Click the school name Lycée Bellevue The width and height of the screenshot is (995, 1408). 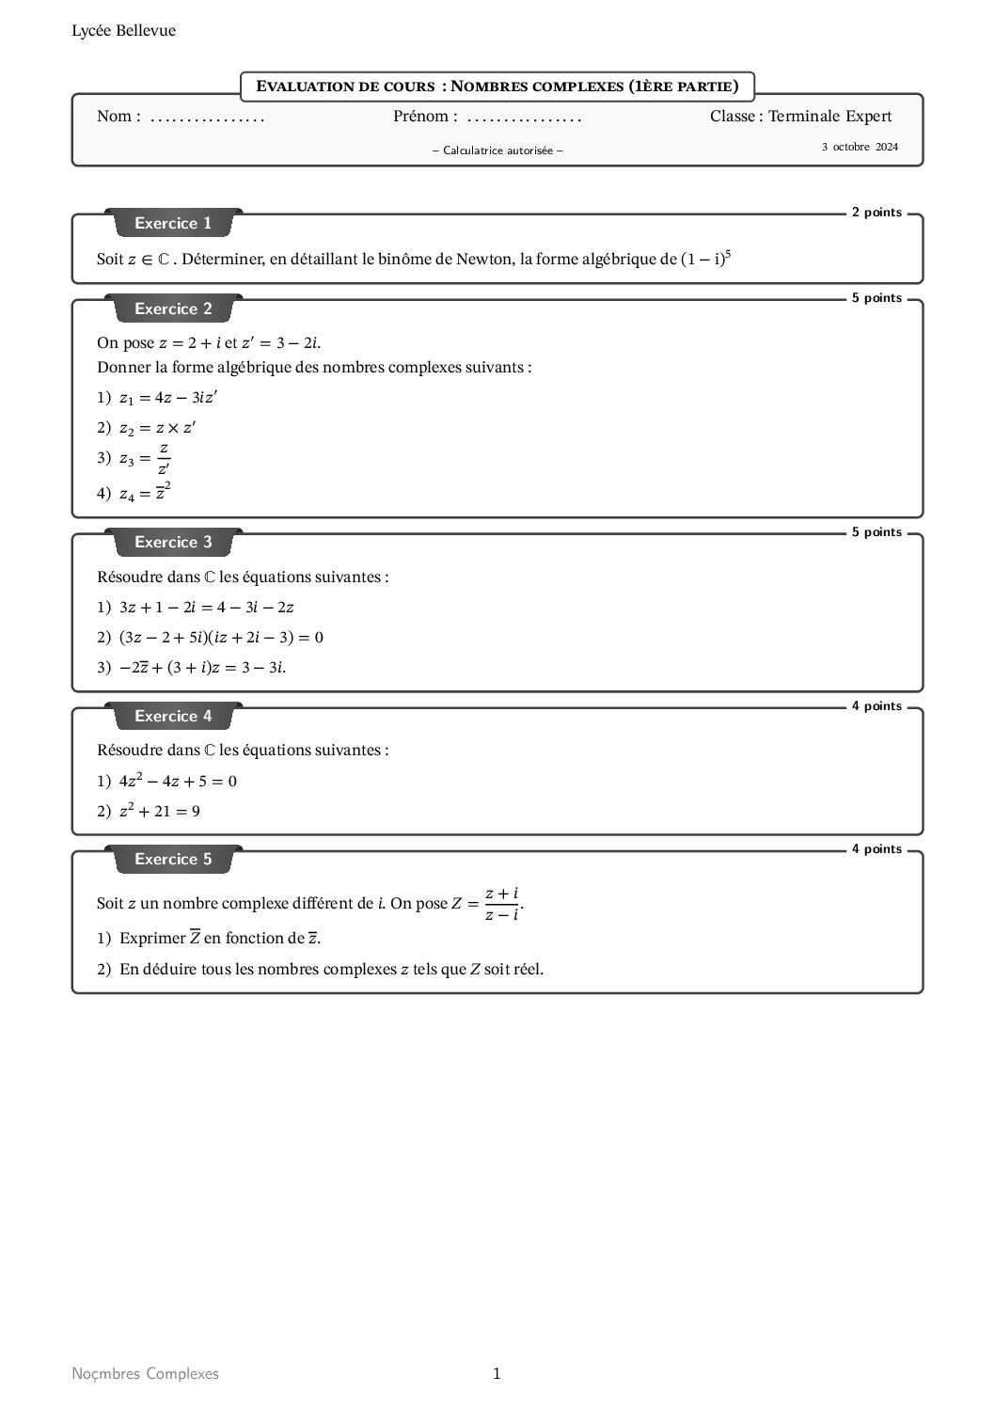coord(123,31)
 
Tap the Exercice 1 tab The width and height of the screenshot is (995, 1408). coord(173,224)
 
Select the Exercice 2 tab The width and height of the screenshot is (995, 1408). coord(173,309)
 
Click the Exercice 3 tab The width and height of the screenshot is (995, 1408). coord(173,543)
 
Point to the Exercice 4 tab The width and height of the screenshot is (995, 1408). coord(173,717)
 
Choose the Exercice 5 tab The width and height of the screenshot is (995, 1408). coord(173,860)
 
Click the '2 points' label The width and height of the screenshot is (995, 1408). coord(877,213)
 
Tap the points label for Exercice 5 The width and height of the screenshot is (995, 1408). coord(877,849)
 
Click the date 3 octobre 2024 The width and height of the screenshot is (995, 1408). coord(860,147)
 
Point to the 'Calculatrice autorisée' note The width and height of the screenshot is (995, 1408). coord(497,150)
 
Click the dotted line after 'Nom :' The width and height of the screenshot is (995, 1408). coord(208,119)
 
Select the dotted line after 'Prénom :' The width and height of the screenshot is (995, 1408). coord(524,119)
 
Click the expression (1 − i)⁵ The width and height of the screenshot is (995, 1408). coord(705,258)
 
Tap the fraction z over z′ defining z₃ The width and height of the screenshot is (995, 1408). coord(164,458)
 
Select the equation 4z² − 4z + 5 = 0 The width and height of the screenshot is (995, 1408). coord(178,781)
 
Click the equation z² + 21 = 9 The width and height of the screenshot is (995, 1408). coord(159,811)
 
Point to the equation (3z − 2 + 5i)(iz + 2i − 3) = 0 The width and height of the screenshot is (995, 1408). coord(221,638)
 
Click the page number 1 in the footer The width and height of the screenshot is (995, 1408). coord(497,1374)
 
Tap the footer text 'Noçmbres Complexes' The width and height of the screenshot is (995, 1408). coord(145,1374)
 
